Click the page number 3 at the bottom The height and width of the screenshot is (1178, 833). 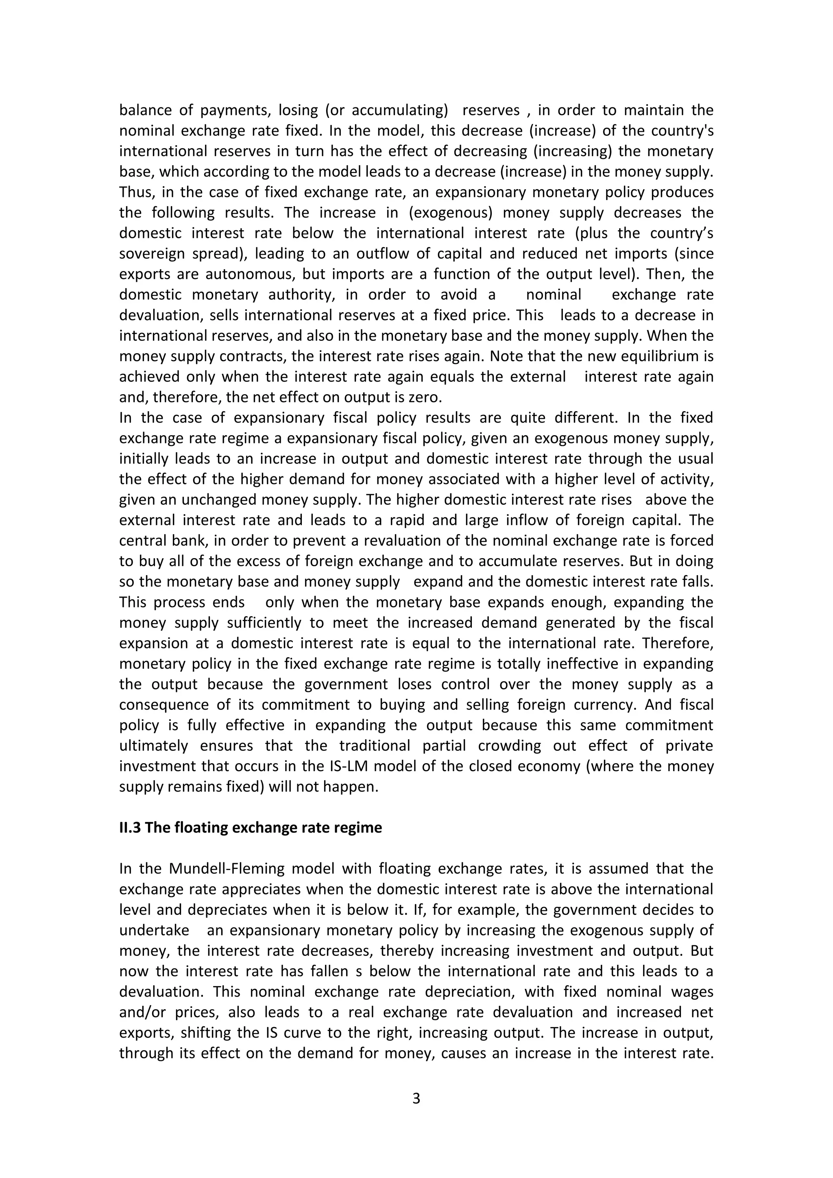pyautogui.click(x=416, y=1098)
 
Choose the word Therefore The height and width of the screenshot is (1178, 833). pyautogui.click(x=678, y=644)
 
